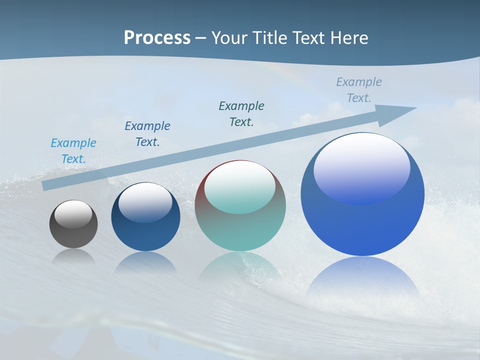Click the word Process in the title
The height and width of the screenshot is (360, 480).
pyautogui.click(x=157, y=38)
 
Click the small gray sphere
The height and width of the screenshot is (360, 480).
pyautogui.click(x=73, y=232)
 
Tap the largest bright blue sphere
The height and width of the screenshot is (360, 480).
pyautogui.click(x=362, y=225)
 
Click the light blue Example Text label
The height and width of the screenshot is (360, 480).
pyautogui.click(x=73, y=151)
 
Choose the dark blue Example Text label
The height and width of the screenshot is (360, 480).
pyautogui.click(x=147, y=134)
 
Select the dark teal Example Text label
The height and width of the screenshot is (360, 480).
pyautogui.click(x=241, y=114)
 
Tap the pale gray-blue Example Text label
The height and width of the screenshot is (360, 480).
pyautogui.click(x=359, y=90)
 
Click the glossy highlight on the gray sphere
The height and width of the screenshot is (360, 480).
pyautogui.click(x=73, y=214)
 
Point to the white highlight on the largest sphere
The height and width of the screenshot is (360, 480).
pyautogui.click(x=362, y=167)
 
